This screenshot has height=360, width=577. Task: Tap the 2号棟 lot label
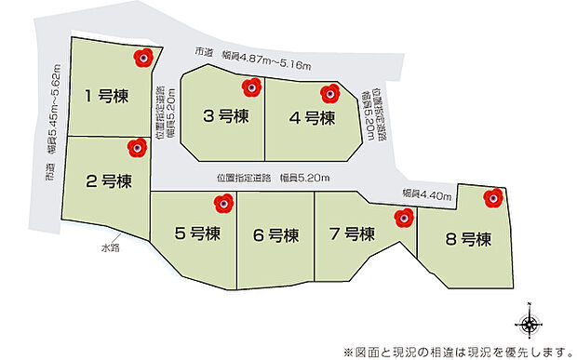click(105, 180)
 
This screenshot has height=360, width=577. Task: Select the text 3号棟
click(225, 117)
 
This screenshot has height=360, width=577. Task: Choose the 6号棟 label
click(275, 233)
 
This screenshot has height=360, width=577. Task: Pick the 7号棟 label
click(352, 233)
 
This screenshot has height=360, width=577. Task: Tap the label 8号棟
click(467, 239)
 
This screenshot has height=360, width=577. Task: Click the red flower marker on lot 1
click(143, 59)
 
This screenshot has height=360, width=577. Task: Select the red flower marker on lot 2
click(137, 147)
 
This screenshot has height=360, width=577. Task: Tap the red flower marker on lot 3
click(250, 88)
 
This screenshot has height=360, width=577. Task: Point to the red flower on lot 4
click(329, 93)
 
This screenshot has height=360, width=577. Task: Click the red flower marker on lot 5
click(222, 202)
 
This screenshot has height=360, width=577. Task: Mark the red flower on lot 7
click(403, 218)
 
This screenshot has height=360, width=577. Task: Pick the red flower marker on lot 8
click(493, 196)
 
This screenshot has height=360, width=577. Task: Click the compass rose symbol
click(529, 324)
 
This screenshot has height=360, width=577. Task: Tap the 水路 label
click(112, 247)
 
